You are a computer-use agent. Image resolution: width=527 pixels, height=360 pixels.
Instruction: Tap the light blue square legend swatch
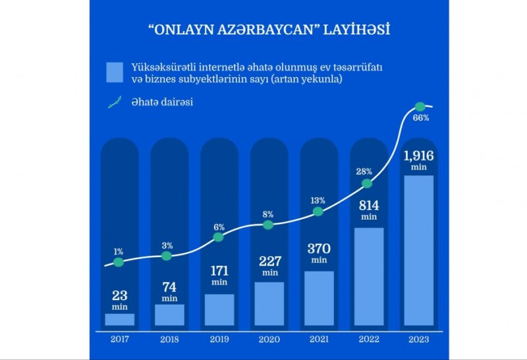[115, 72]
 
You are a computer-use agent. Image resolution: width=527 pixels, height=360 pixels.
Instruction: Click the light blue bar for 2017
[119, 320]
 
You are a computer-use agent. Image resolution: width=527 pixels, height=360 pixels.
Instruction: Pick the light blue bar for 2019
[219, 310]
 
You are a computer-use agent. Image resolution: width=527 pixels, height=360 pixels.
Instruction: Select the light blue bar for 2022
[369, 277]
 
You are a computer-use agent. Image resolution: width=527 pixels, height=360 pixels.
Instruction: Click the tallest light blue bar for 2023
[418, 251]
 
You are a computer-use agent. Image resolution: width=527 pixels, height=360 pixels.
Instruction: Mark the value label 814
[369, 204]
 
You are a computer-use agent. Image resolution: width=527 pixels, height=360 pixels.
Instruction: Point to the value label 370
[319, 249]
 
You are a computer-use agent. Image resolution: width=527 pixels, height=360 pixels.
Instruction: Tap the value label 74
[169, 287]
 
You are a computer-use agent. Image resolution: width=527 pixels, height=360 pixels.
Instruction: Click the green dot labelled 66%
[418, 106]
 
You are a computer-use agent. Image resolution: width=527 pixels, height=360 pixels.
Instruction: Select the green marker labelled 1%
[119, 262]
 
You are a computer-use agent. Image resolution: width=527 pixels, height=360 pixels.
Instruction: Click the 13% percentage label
[318, 200]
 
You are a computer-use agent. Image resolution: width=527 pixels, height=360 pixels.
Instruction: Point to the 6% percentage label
[219, 227]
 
